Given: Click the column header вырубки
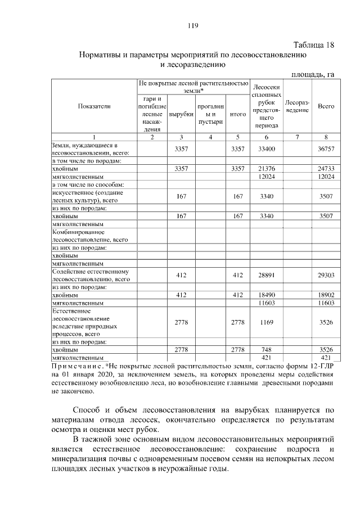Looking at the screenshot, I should click(181, 114).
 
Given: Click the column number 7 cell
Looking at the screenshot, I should click(297, 137).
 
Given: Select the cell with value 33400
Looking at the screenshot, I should click(267, 148).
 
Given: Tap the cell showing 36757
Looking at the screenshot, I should click(326, 148).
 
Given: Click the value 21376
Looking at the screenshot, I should click(267, 168).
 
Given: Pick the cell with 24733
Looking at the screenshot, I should click(326, 168).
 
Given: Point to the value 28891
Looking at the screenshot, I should click(267, 275).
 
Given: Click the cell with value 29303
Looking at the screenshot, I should click(326, 275).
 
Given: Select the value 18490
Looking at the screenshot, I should click(267, 295).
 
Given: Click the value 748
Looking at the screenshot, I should click(267, 349).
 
